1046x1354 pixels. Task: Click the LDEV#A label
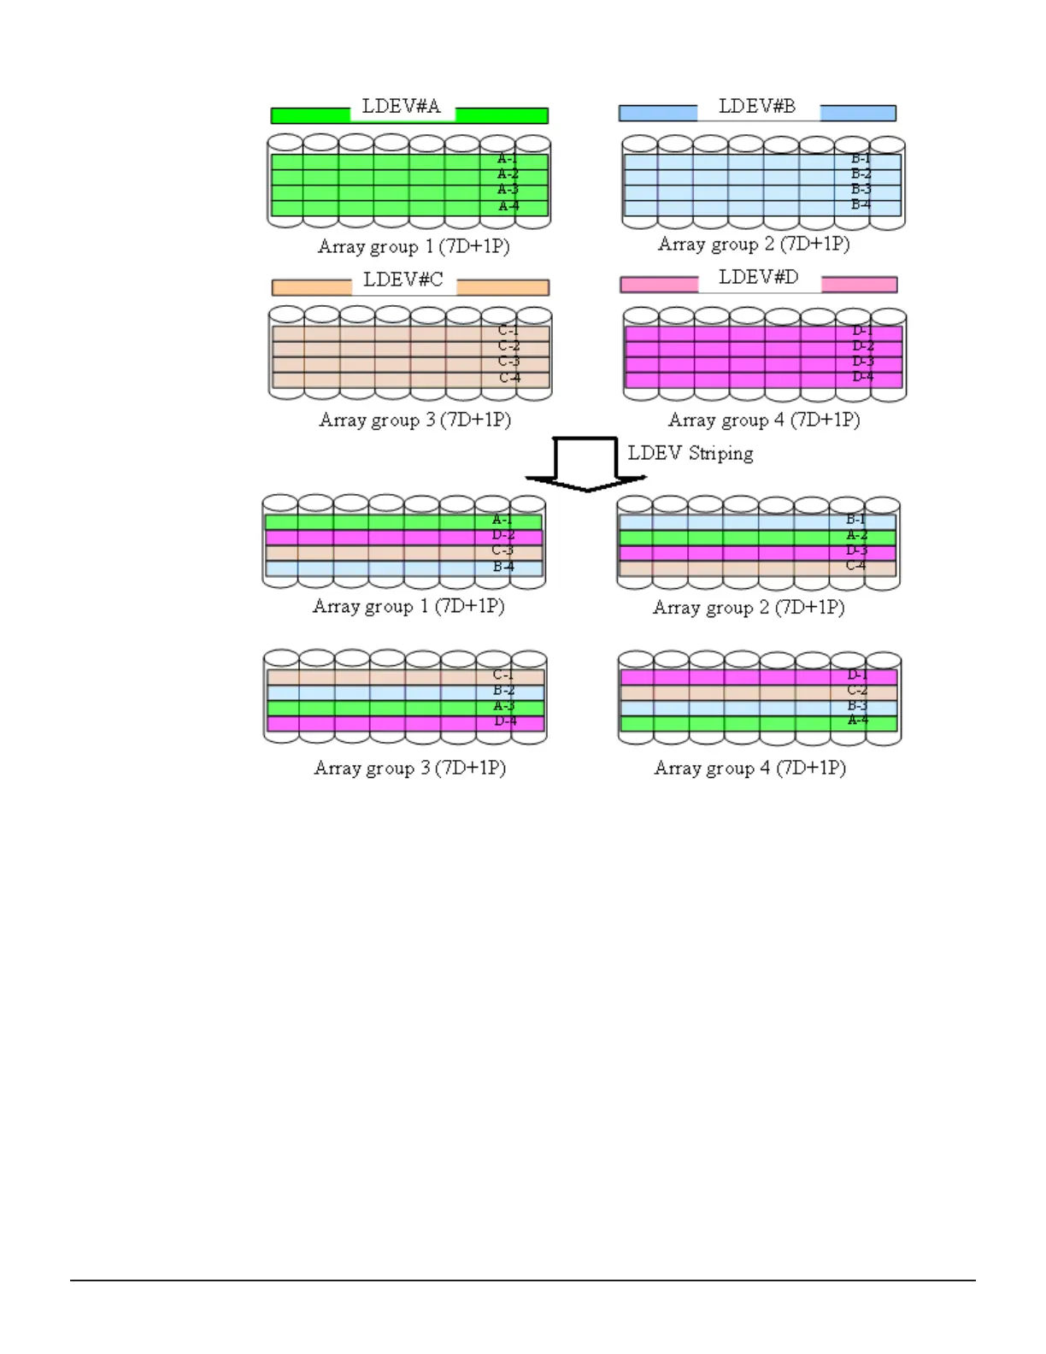[401, 107]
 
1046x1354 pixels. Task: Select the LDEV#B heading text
[757, 106]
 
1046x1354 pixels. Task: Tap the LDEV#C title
[403, 280]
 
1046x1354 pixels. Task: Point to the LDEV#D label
[758, 277]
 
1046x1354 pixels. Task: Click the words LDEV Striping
[690, 453]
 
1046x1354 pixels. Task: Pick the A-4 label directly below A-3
[508, 206]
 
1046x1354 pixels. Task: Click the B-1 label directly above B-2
[861, 159]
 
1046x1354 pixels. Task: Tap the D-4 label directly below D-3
[862, 376]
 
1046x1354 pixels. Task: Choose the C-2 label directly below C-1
[508, 346]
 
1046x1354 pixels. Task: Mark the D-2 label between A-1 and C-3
[502, 535]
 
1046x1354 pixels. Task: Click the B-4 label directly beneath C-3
[503, 566]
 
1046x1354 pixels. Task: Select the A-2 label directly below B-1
[856, 535]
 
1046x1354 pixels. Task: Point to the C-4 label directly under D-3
[855, 565]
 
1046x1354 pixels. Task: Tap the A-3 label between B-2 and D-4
[503, 706]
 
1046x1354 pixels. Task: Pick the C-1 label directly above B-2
[502, 675]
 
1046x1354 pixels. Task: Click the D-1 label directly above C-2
[857, 675]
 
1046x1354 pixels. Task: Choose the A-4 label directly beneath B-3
[857, 721]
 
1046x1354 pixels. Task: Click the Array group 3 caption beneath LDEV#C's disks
[414, 420]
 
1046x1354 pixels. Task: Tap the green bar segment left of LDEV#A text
[310, 115]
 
